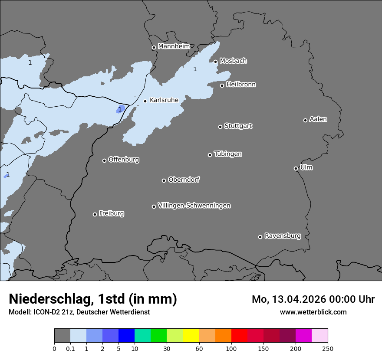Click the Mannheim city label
174,46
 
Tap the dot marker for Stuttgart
220,127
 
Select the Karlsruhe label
164,100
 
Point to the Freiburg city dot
95,214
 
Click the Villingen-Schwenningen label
194,206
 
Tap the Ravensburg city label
282,236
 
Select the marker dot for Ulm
296,168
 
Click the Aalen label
318,119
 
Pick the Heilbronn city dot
222,85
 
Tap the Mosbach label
233,61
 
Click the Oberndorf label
184,180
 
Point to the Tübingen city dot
210,155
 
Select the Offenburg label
123,160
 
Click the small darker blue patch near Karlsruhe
121,108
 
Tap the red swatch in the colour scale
239,336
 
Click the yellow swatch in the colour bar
191,336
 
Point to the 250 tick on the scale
328,348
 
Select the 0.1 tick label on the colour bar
70,348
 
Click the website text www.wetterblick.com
313,312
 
